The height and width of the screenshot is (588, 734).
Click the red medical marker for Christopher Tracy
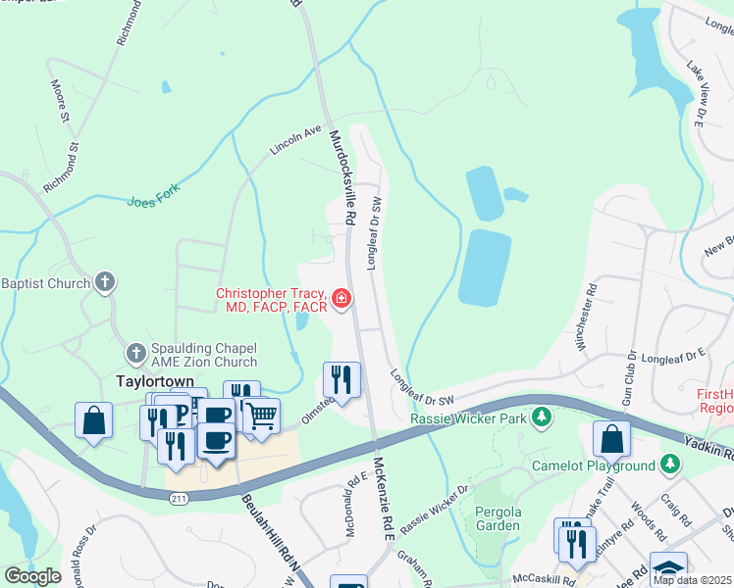pos(341,298)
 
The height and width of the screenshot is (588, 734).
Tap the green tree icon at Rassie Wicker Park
pos(540,418)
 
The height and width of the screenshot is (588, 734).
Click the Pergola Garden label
pos(497,518)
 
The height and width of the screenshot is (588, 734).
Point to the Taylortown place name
pos(151,380)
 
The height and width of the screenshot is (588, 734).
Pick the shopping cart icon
pos(261,416)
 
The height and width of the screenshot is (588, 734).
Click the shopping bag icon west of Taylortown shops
pos(93,421)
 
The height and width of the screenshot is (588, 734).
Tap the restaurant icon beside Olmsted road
pos(341,378)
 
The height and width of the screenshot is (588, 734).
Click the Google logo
pos(33,575)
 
